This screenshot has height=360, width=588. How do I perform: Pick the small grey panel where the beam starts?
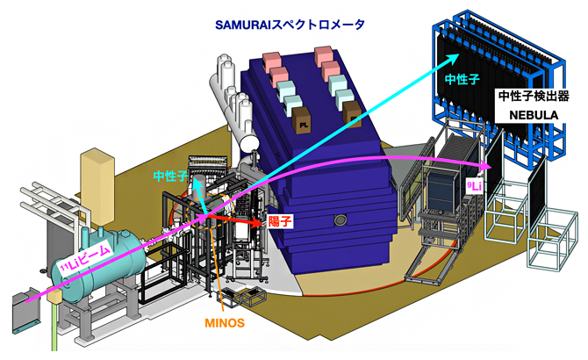23,309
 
